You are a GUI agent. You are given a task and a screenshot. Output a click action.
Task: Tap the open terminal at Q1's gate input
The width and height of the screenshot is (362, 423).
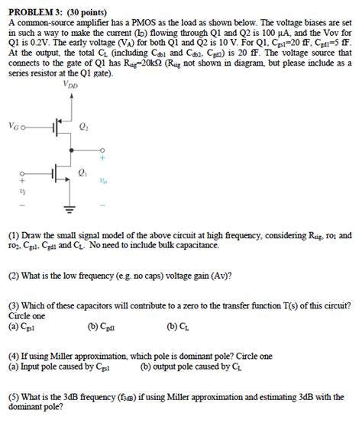coord(22,173)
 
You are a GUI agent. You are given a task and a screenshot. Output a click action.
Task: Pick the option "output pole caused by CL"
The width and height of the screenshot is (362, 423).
coord(196,366)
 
